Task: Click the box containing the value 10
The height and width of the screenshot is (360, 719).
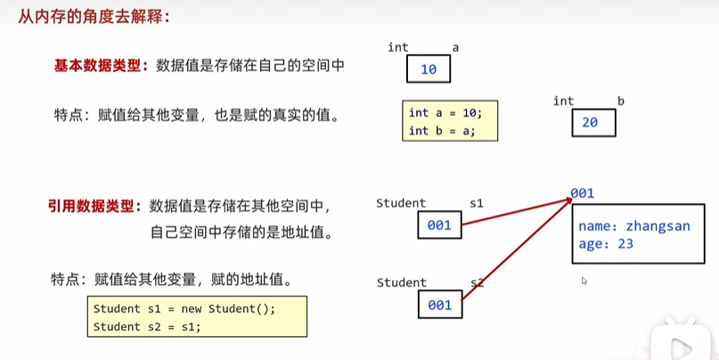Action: pyautogui.click(x=429, y=69)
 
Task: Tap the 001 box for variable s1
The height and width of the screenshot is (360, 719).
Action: pyautogui.click(x=439, y=225)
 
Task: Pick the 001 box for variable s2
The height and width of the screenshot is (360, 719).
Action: pyautogui.click(x=439, y=305)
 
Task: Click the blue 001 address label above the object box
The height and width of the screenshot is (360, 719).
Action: pyautogui.click(x=582, y=193)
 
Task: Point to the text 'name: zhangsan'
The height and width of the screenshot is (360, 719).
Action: pyautogui.click(x=633, y=226)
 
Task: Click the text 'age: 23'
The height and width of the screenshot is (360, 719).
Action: pyautogui.click(x=606, y=242)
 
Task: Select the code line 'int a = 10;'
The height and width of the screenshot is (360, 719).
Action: pyautogui.click(x=445, y=113)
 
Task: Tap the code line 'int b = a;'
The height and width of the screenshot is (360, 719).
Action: pyautogui.click(x=441, y=131)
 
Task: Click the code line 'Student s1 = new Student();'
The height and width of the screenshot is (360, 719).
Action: pyautogui.click(x=184, y=309)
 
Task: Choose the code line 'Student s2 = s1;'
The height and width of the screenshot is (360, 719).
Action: pyautogui.click(x=147, y=326)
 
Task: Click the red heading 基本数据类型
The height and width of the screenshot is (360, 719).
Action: pyautogui.click(x=96, y=65)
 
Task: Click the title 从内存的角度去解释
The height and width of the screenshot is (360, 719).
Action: pyautogui.click(x=86, y=15)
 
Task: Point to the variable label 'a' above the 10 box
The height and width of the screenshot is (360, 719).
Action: pyautogui.click(x=455, y=47)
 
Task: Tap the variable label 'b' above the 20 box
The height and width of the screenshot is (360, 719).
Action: pyautogui.click(x=620, y=101)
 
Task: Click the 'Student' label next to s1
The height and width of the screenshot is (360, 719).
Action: pyautogui.click(x=401, y=204)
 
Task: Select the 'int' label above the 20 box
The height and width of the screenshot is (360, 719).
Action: pyautogui.click(x=563, y=101)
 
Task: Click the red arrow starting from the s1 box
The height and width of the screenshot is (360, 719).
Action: pyautogui.click(x=517, y=214)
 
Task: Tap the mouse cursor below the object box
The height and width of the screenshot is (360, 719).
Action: pyautogui.click(x=584, y=281)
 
